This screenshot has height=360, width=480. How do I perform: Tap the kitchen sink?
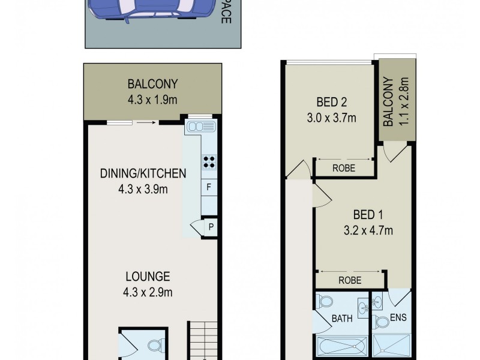point(200,127)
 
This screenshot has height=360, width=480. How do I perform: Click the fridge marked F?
point(209,187)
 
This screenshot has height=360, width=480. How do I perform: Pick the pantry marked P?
point(211,227)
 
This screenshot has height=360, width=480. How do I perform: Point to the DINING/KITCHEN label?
point(143,174)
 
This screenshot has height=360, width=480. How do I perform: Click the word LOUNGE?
point(148,277)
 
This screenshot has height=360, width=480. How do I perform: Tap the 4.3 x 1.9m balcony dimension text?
point(152,100)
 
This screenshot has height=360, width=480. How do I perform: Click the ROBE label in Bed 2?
point(343,169)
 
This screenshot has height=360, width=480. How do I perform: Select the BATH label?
point(342,319)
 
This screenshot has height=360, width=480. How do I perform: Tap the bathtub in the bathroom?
point(340,347)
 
